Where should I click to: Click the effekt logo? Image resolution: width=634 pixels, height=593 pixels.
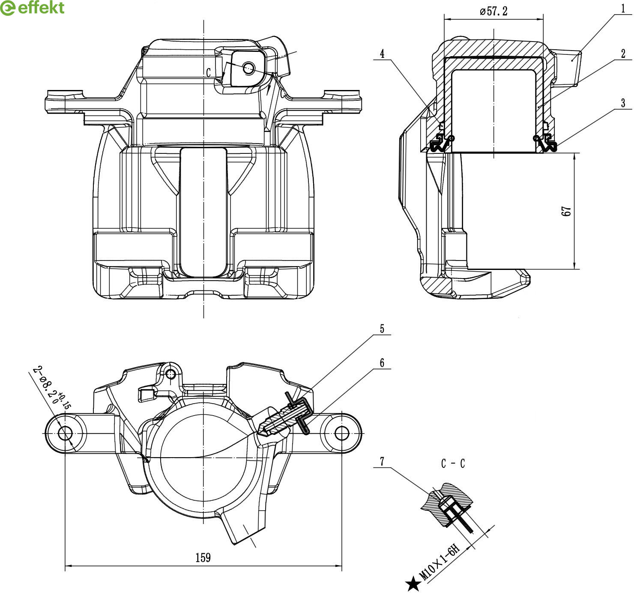[x=32, y=8]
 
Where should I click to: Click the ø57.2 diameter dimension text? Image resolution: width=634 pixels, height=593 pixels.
[x=493, y=12]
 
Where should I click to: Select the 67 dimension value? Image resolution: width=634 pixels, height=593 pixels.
[x=566, y=211]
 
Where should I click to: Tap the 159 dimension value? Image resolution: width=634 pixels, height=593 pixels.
[x=203, y=557]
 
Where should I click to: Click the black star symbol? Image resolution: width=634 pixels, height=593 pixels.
[x=413, y=583]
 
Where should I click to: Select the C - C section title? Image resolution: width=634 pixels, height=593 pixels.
[x=453, y=463]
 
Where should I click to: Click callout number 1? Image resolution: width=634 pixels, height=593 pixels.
[x=623, y=9]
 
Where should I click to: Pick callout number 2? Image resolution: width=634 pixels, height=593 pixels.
[x=623, y=54]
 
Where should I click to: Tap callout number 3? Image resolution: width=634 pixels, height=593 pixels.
[x=623, y=103]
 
